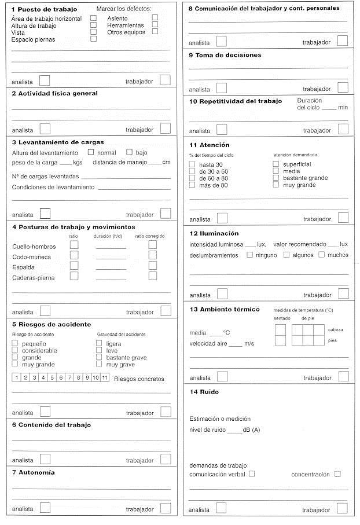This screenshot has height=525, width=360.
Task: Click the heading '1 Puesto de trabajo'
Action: (44, 9)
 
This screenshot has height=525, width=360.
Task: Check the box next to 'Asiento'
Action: (155, 18)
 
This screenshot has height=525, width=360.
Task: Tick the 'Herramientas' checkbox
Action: (155, 25)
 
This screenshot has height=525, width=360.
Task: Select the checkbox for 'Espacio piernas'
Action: (93, 39)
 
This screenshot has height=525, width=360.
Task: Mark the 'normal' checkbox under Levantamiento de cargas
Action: (90, 152)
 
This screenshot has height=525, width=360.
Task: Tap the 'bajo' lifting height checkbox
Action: (130, 152)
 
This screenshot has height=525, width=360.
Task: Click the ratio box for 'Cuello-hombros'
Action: (74, 245)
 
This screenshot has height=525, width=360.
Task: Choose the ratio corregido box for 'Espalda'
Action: (153, 266)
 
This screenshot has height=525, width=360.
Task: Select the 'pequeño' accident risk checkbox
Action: (15, 344)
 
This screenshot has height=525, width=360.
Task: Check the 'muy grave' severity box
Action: (99, 364)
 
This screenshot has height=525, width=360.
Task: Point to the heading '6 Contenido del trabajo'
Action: (52, 425)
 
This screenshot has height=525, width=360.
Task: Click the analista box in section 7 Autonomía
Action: (45, 508)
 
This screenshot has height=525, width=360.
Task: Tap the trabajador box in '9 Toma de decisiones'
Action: (343, 87)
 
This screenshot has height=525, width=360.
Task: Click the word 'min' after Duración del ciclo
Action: (343, 108)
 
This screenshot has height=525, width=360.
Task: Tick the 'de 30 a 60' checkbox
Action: (192, 171)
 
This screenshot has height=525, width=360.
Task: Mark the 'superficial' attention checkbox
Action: (275, 164)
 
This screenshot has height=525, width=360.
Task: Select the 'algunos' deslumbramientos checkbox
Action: (286, 255)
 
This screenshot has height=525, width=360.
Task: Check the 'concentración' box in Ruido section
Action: (337, 474)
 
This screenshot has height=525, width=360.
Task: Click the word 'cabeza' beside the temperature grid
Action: (335, 329)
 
